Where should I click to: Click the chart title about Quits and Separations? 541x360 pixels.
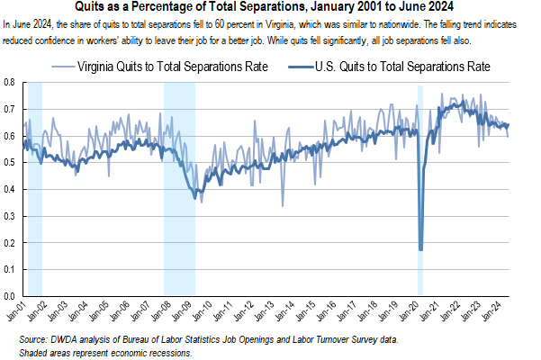[270, 8]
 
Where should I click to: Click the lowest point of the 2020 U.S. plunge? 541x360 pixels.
[420, 249]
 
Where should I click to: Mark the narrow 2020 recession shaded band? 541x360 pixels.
[420, 180]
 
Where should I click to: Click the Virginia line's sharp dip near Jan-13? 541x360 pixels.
[283, 205]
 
